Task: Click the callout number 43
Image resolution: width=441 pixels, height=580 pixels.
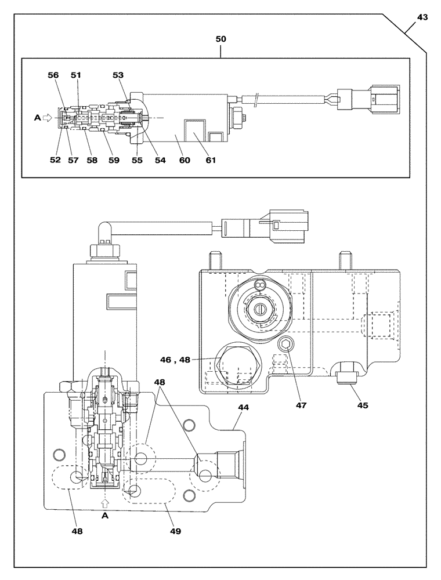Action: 422,17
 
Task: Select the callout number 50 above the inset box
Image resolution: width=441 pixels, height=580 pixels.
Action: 220,39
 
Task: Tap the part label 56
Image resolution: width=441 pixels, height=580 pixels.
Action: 53,75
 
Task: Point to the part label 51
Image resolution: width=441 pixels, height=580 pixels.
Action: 77,75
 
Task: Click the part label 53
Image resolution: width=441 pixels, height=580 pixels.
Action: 118,75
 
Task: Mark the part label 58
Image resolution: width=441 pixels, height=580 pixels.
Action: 92,160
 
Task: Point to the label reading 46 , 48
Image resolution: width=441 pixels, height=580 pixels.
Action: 175,360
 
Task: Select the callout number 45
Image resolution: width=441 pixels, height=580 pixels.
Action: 362,405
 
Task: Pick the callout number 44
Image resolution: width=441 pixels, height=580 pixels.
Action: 243,408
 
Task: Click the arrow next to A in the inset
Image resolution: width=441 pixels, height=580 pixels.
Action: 48,117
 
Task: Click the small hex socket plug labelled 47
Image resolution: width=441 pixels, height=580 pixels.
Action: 285,346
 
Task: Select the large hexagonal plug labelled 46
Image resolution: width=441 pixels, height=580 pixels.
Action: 238,365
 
